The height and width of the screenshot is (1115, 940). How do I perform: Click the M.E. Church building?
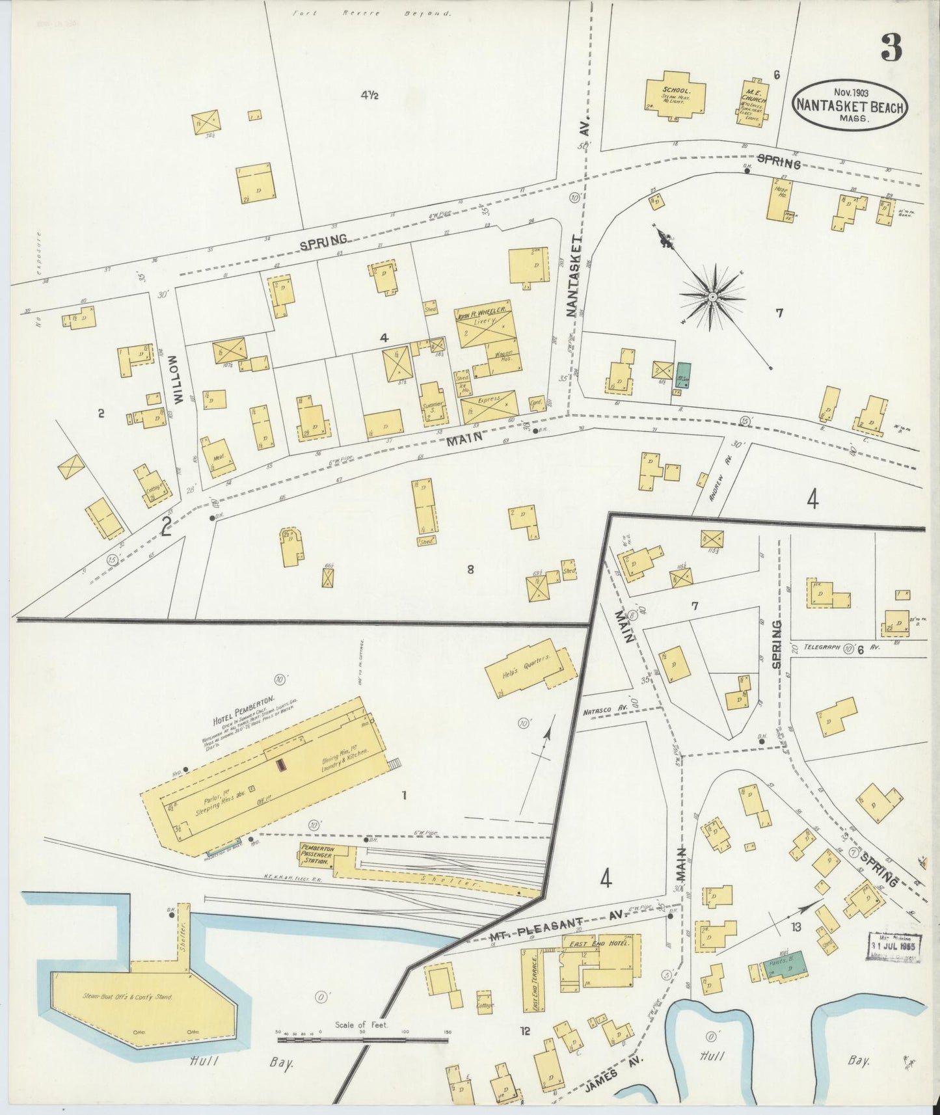click(755, 101)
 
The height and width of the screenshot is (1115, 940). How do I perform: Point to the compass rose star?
click(712, 297)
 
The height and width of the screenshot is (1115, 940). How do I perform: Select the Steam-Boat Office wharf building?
click(140, 995)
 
